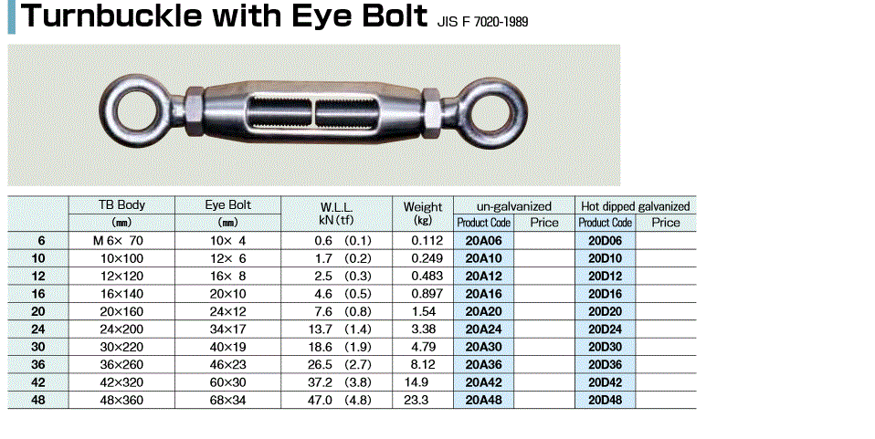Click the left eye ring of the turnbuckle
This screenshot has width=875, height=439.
pyautogui.click(x=107, y=110)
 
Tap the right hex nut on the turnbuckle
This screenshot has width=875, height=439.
pyautogui.click(x=432, y=112)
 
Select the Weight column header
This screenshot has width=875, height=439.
pyautogui.click(x=423, y=206)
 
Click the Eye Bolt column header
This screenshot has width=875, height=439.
pyautogui.click(x=227, y=204)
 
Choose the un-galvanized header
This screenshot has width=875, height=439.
pyautogui.click(x=514, y=206)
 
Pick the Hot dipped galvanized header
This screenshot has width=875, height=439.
pyautogui.click(x=636, y=206)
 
